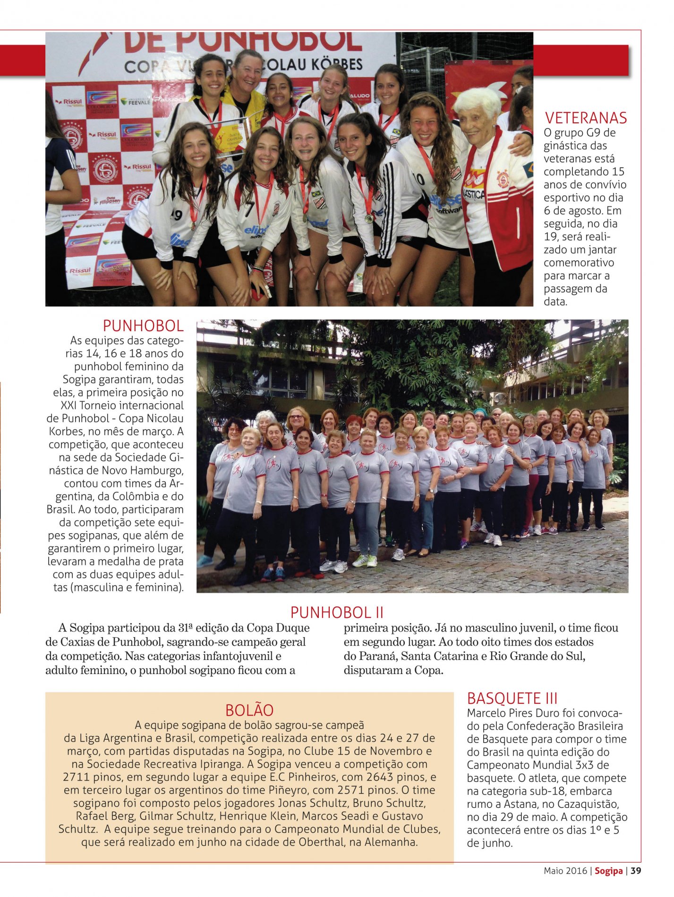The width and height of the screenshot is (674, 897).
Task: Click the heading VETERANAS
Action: click(586, 118)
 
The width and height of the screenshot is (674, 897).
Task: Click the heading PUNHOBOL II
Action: click(337, 613)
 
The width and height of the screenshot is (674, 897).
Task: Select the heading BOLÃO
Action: click(249, 710)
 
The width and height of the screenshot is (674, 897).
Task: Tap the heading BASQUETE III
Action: click(512, 698)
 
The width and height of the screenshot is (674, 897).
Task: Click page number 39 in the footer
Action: click(636, 871)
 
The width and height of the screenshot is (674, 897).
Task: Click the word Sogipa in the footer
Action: click(608, 871)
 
